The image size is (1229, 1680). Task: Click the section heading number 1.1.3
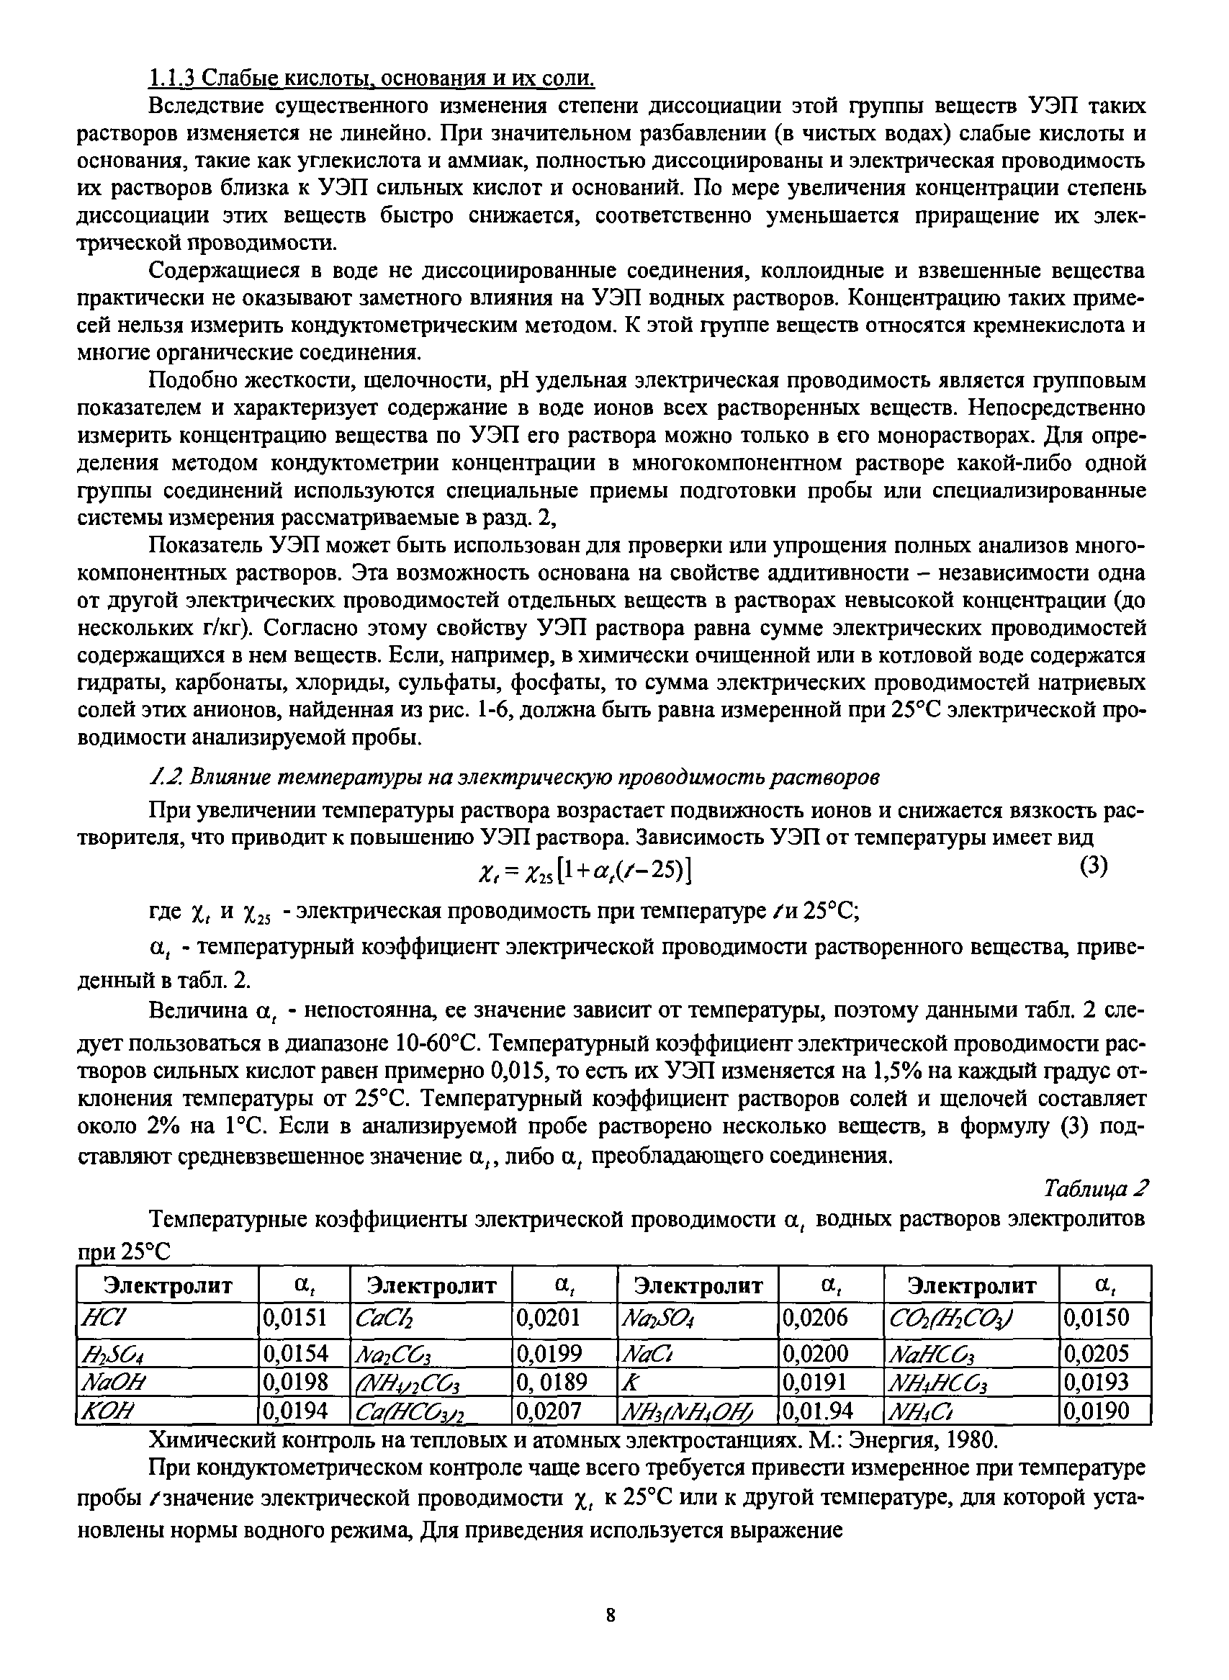click(174, 77)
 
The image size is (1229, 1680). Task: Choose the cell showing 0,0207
click(549, 1411)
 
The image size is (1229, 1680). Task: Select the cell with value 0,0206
click(814, 1318)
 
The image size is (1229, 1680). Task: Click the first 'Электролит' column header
click(167, 1285)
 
